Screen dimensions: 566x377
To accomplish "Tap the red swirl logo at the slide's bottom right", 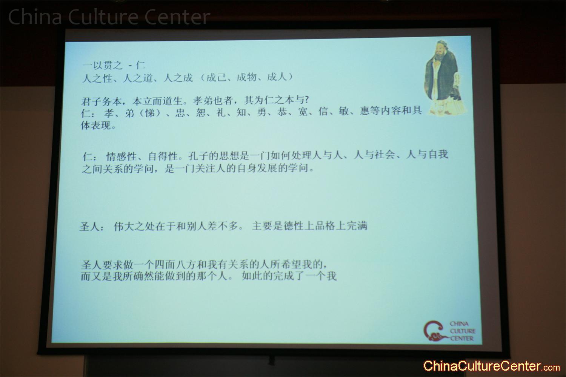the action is (x=434, y=331).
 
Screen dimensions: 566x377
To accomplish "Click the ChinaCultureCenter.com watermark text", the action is (x=491, y=366).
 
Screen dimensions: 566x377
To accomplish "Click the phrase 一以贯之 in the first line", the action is (x=102, y=66).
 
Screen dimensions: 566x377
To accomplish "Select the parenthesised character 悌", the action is (x=149, y=113).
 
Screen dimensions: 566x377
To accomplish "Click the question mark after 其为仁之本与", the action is (x=306, y=100).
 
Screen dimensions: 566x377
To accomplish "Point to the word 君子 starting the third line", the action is (x=91, y=101).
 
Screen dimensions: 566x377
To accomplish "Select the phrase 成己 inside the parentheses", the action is (x=217, y=77).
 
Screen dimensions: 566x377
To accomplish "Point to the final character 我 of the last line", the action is (x=331, y=276).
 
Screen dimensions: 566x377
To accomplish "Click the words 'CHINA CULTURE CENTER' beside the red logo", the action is (x=462, y=331).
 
